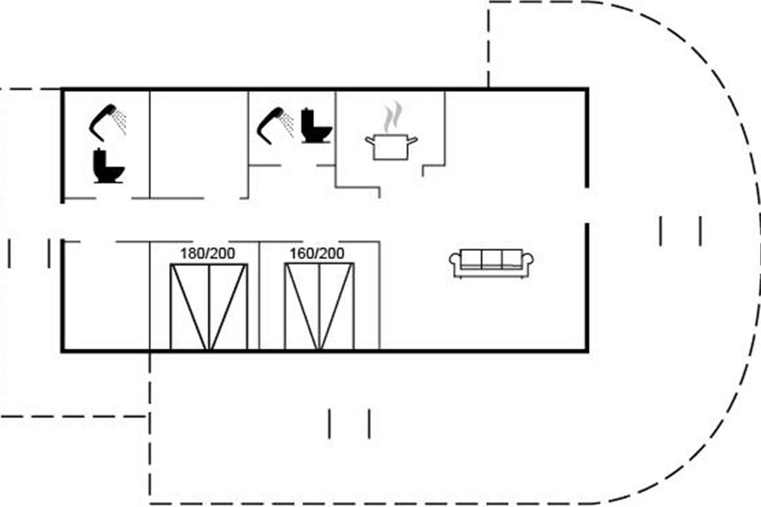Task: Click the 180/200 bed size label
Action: click(207, 253)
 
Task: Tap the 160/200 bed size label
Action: click(316, 253)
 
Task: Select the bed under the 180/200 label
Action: click(209, 306)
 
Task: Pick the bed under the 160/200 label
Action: click(320, 306)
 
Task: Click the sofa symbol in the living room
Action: click(491, 263)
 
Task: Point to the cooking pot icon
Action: click(391, 146)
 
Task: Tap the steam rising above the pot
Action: click(393, 116)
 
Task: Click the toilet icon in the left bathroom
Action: click(108, 166)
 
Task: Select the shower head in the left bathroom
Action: click(107, 122)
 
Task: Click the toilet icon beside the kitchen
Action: click(316, 125)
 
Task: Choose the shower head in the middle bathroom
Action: click(275, 125)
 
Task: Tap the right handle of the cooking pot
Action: click(412, 140)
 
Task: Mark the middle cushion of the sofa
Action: click(491, 258)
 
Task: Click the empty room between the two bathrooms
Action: click(198, 144)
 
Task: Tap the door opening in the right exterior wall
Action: click(587, 205)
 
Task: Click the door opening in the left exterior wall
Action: click(63, 221)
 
